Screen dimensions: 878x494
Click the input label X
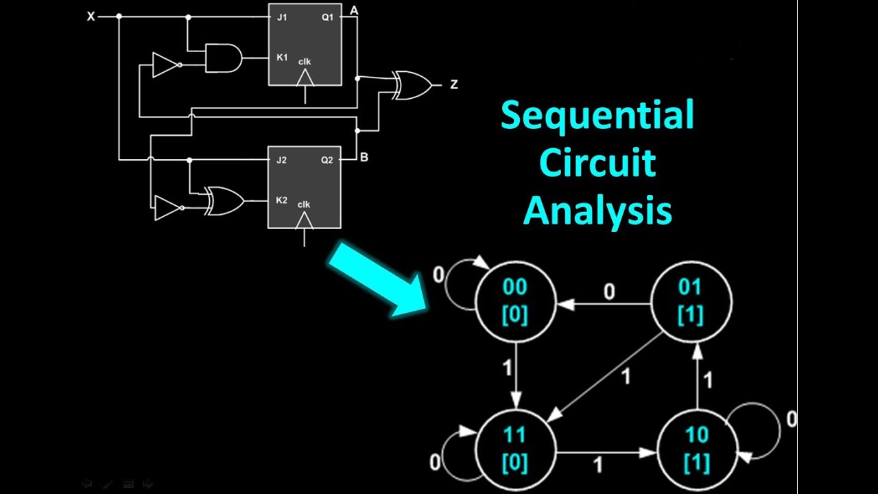(91, 16)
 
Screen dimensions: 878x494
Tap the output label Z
(454, 84)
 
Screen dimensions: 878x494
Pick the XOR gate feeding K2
(224, 201)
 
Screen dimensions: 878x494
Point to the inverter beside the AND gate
(167, 65)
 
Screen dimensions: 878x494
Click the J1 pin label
(282, 17)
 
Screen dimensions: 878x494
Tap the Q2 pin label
(327, 160)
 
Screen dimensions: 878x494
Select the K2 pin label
(281, 200)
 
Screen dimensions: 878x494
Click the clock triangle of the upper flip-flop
(305, 78)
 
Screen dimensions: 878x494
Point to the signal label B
(364, 158)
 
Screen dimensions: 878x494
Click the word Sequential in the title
(597, 115)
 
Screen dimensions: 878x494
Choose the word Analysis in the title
(597, 210)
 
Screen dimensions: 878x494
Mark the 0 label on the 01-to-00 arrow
(609, 292)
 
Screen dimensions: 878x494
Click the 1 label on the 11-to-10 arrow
(597, 465)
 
